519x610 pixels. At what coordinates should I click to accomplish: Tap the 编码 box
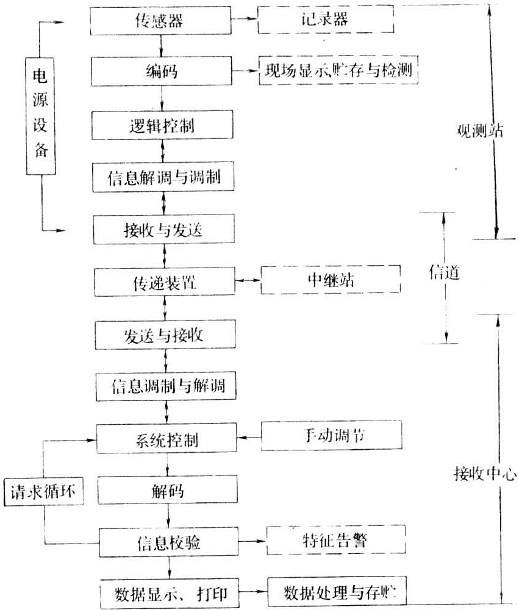162,71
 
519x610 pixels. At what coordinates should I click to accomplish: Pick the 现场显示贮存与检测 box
338,71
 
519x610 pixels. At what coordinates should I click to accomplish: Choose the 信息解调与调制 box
162,177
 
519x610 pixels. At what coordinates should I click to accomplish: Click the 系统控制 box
165,439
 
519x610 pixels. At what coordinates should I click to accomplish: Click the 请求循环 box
41,491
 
